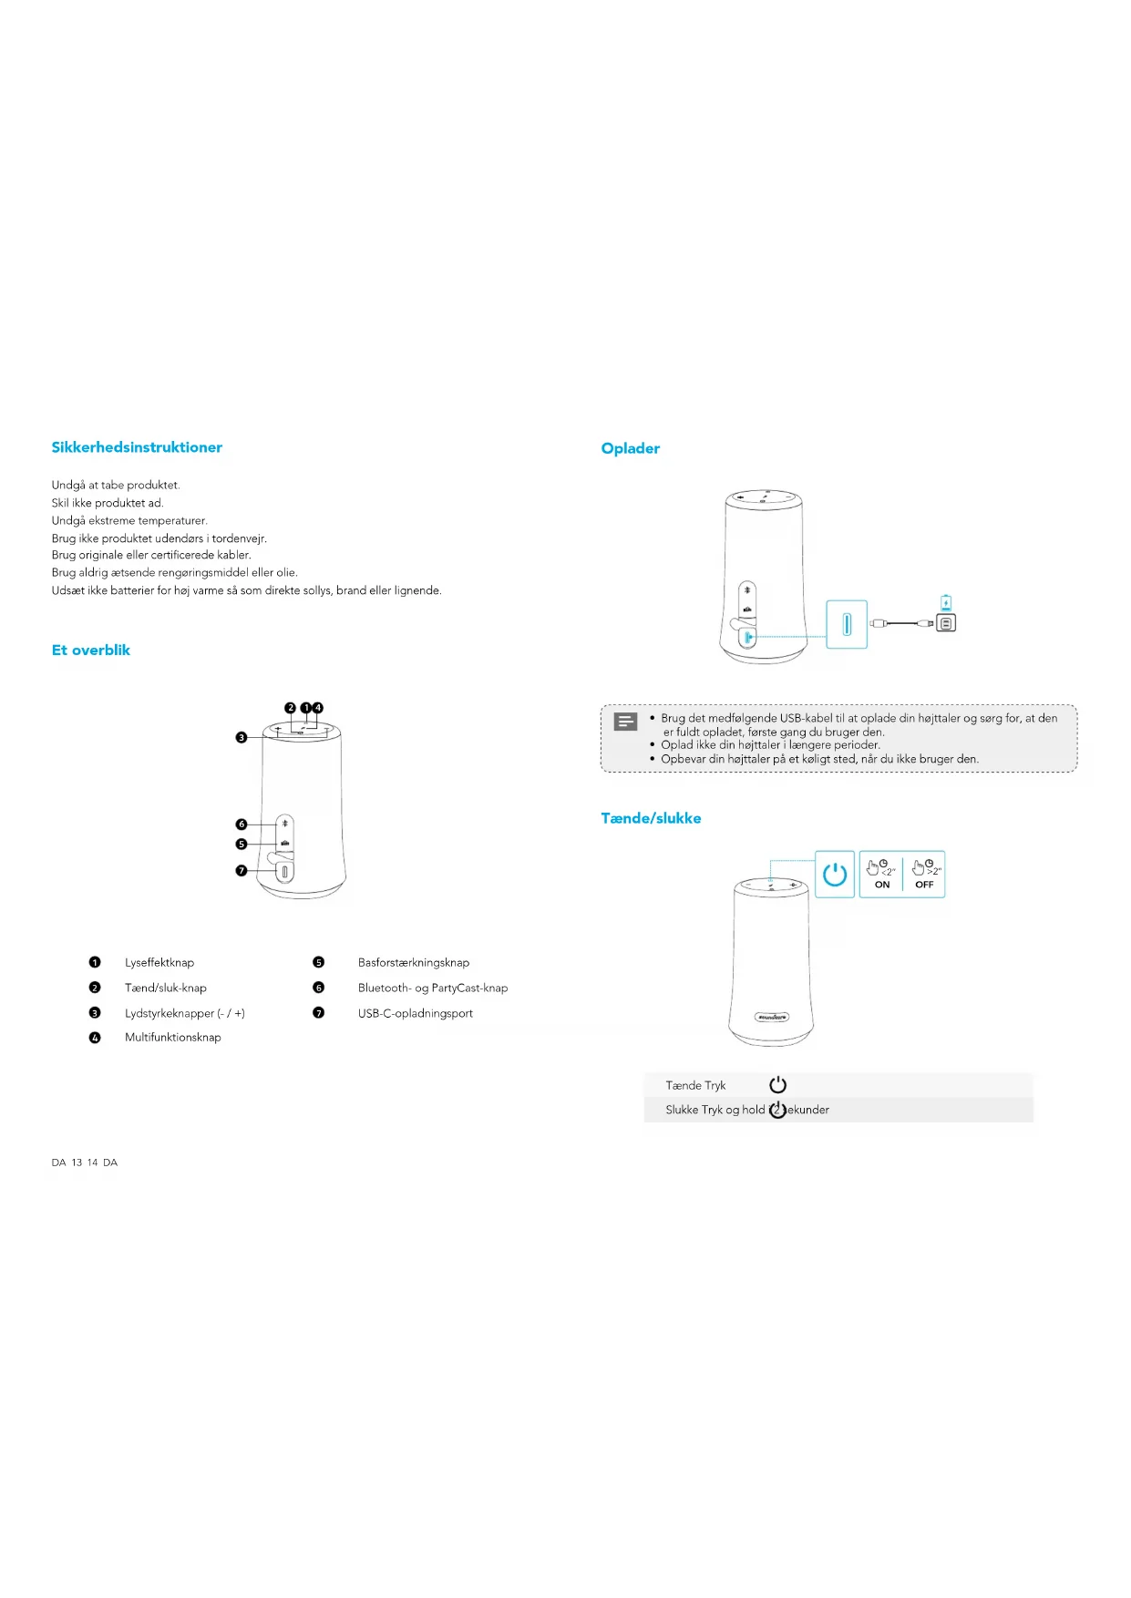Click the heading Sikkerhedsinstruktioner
[x=137, y=447]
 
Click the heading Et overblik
[x=91, y=650]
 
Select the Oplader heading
[x=630, y=448]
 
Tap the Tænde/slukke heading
[x=651, y=818]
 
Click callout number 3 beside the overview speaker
[x=242, y=737]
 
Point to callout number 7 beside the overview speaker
[x=242, y=871]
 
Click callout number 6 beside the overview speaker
[x=242, y=825]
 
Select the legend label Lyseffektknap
[x=159, y=963]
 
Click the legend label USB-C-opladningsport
[x=416, y=1013]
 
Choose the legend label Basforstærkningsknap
[x=414, y=963]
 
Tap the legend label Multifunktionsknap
[x=173, y=1038]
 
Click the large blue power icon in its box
[x=835, y=875]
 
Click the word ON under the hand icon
[x=882, y=885]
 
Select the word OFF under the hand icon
[x=924, y=885]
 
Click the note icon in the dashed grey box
[x=626, y=722]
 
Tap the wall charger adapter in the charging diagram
[x=946, y=623]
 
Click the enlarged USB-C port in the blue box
[x=847, y=624]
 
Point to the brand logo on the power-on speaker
[x=771, y=1017]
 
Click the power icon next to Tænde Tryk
[x=777, y=1085]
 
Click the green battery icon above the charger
[x=946, y=602]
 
